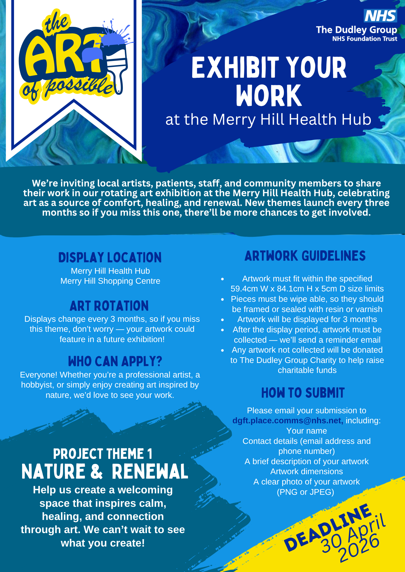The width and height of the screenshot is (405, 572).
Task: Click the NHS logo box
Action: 380,16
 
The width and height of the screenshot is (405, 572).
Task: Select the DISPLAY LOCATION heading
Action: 110,257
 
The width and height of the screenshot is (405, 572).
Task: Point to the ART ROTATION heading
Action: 109,306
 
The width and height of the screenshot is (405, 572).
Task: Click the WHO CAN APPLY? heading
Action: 115,361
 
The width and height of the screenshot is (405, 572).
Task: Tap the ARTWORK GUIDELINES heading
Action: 305,256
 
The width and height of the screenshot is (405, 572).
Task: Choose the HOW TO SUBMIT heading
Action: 303,393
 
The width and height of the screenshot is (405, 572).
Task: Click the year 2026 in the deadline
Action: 359,548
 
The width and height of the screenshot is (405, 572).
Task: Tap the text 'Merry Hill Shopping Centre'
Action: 110,281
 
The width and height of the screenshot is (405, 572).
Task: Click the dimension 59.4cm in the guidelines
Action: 244,289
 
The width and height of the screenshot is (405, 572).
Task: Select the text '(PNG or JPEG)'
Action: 306,492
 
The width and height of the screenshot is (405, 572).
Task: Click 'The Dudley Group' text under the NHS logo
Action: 357,30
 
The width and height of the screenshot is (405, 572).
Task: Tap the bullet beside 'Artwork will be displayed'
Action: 222,319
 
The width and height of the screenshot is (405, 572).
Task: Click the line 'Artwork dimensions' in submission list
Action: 307,471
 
